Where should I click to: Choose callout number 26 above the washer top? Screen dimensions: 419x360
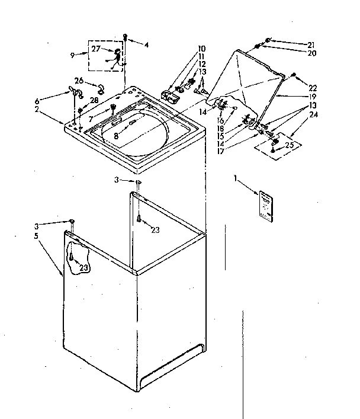click(79, 81)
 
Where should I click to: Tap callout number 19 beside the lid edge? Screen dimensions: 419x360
click(311, 96)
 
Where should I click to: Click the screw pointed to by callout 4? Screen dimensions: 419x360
click(126, 38)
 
